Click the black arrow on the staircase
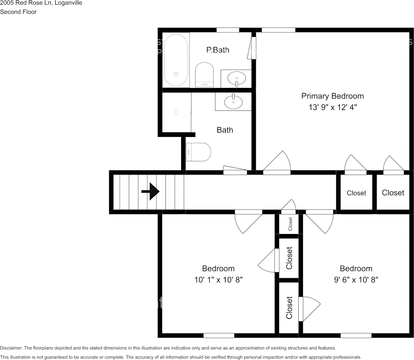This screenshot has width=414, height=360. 151,191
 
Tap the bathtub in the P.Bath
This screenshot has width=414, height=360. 176,60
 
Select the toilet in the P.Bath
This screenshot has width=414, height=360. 204,75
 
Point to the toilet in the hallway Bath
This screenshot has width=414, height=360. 198,152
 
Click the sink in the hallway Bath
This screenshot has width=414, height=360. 233,101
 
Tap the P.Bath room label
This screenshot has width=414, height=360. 218,50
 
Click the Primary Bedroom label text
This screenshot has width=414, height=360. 333,96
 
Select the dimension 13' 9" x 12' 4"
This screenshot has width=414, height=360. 333,107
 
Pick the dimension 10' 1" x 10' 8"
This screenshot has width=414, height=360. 219,280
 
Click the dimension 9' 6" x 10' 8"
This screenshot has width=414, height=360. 356,280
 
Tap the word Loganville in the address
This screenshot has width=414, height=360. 68,3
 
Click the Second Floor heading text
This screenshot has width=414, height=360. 18,12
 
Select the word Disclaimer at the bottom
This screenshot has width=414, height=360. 11,348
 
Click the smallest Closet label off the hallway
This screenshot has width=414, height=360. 290,224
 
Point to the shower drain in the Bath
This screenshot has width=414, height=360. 177,112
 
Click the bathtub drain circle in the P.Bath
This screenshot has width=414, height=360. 176,74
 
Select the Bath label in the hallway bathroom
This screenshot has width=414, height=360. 225,130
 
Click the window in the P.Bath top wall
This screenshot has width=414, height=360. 228,30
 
